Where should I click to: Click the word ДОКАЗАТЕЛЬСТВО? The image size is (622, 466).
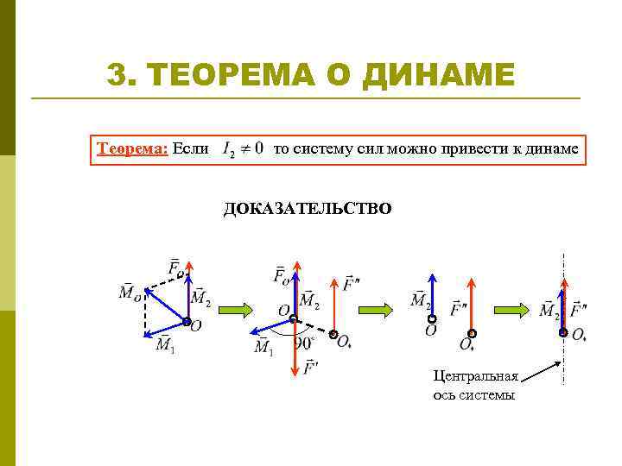(308, 209)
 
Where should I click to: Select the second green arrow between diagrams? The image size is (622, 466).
(376, 310)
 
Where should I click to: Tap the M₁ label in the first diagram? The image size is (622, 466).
(165, 345)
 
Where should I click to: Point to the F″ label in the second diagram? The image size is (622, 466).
(350, 284)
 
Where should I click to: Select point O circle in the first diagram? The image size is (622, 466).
(187, 322)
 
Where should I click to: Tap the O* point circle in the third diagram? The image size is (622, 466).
(472, 333)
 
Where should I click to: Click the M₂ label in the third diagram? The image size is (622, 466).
(420, 301)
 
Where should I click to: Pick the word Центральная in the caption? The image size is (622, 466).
(476, 376)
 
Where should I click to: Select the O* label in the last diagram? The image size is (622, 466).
(579, 334)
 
